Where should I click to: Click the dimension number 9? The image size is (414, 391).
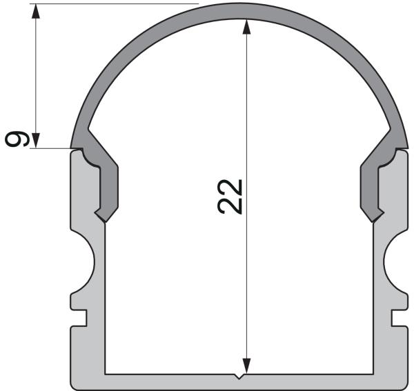pyautogui.click(x=18, y=138)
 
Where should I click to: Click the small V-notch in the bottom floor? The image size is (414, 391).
pyautogui.click(x=239, y=377)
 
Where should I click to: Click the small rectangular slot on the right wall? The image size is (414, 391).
pyautogui.click(x=398, y=317)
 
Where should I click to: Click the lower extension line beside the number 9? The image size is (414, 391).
pyautogui.click(x=52, y=147)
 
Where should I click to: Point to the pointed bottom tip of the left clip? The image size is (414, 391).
pyautogui.click(x=104, y=221)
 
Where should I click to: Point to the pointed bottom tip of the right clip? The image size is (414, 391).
pyautogui.click(x=374, y=221)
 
